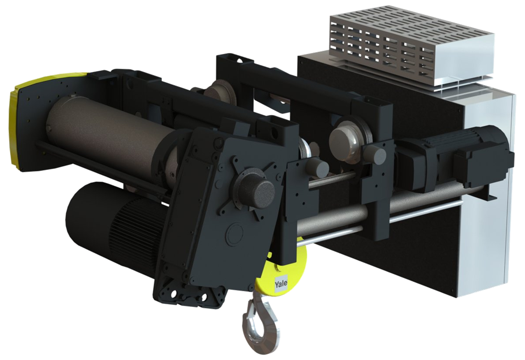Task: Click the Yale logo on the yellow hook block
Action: [281, 285]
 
